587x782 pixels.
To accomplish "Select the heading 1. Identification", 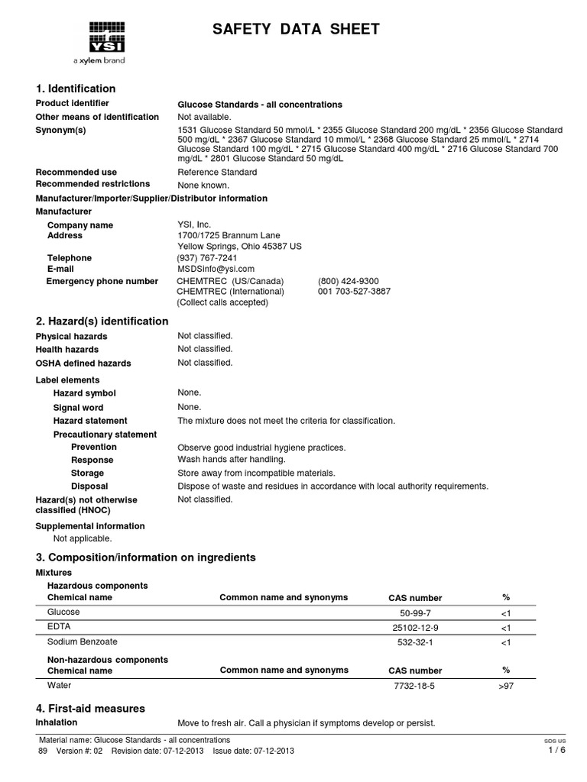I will click(x=76, y=89).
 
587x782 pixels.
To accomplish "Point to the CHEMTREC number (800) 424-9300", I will click(x=348, y=281).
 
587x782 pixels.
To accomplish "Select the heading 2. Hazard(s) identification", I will click(x=102, y=321).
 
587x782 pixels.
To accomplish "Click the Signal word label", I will click(x=78, y=407).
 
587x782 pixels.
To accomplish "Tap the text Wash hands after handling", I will click(x=231, y=460).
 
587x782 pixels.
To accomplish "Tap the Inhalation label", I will click(x=57, y=722).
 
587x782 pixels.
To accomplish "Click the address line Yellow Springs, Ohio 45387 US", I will click(x=239, y=247).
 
